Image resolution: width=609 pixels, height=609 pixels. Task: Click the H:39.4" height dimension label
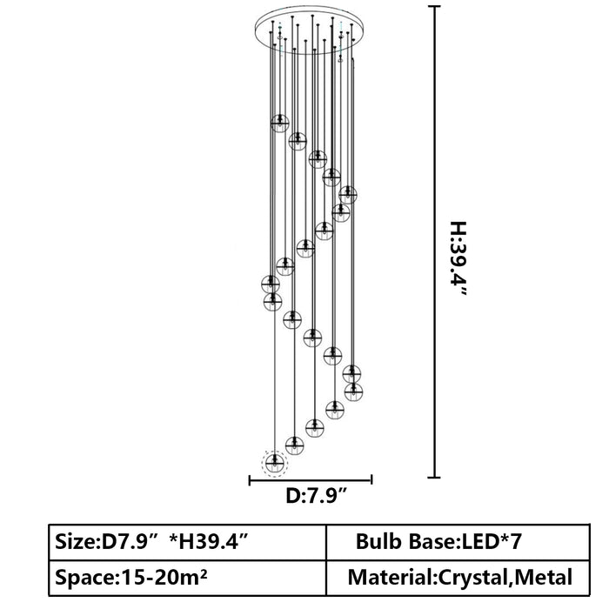(458, 259)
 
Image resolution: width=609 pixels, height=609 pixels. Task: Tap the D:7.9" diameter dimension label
(316, 496)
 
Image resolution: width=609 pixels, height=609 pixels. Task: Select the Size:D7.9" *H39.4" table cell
(188, 542)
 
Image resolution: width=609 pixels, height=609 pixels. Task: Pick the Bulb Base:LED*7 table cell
(458, 542)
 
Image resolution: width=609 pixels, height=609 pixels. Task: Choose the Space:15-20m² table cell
(188, 578)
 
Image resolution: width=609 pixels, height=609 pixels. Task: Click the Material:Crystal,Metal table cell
(458, 578)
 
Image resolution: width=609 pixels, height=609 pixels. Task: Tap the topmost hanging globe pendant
(279, 124)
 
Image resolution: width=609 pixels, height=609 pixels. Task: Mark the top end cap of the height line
(434, 7)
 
